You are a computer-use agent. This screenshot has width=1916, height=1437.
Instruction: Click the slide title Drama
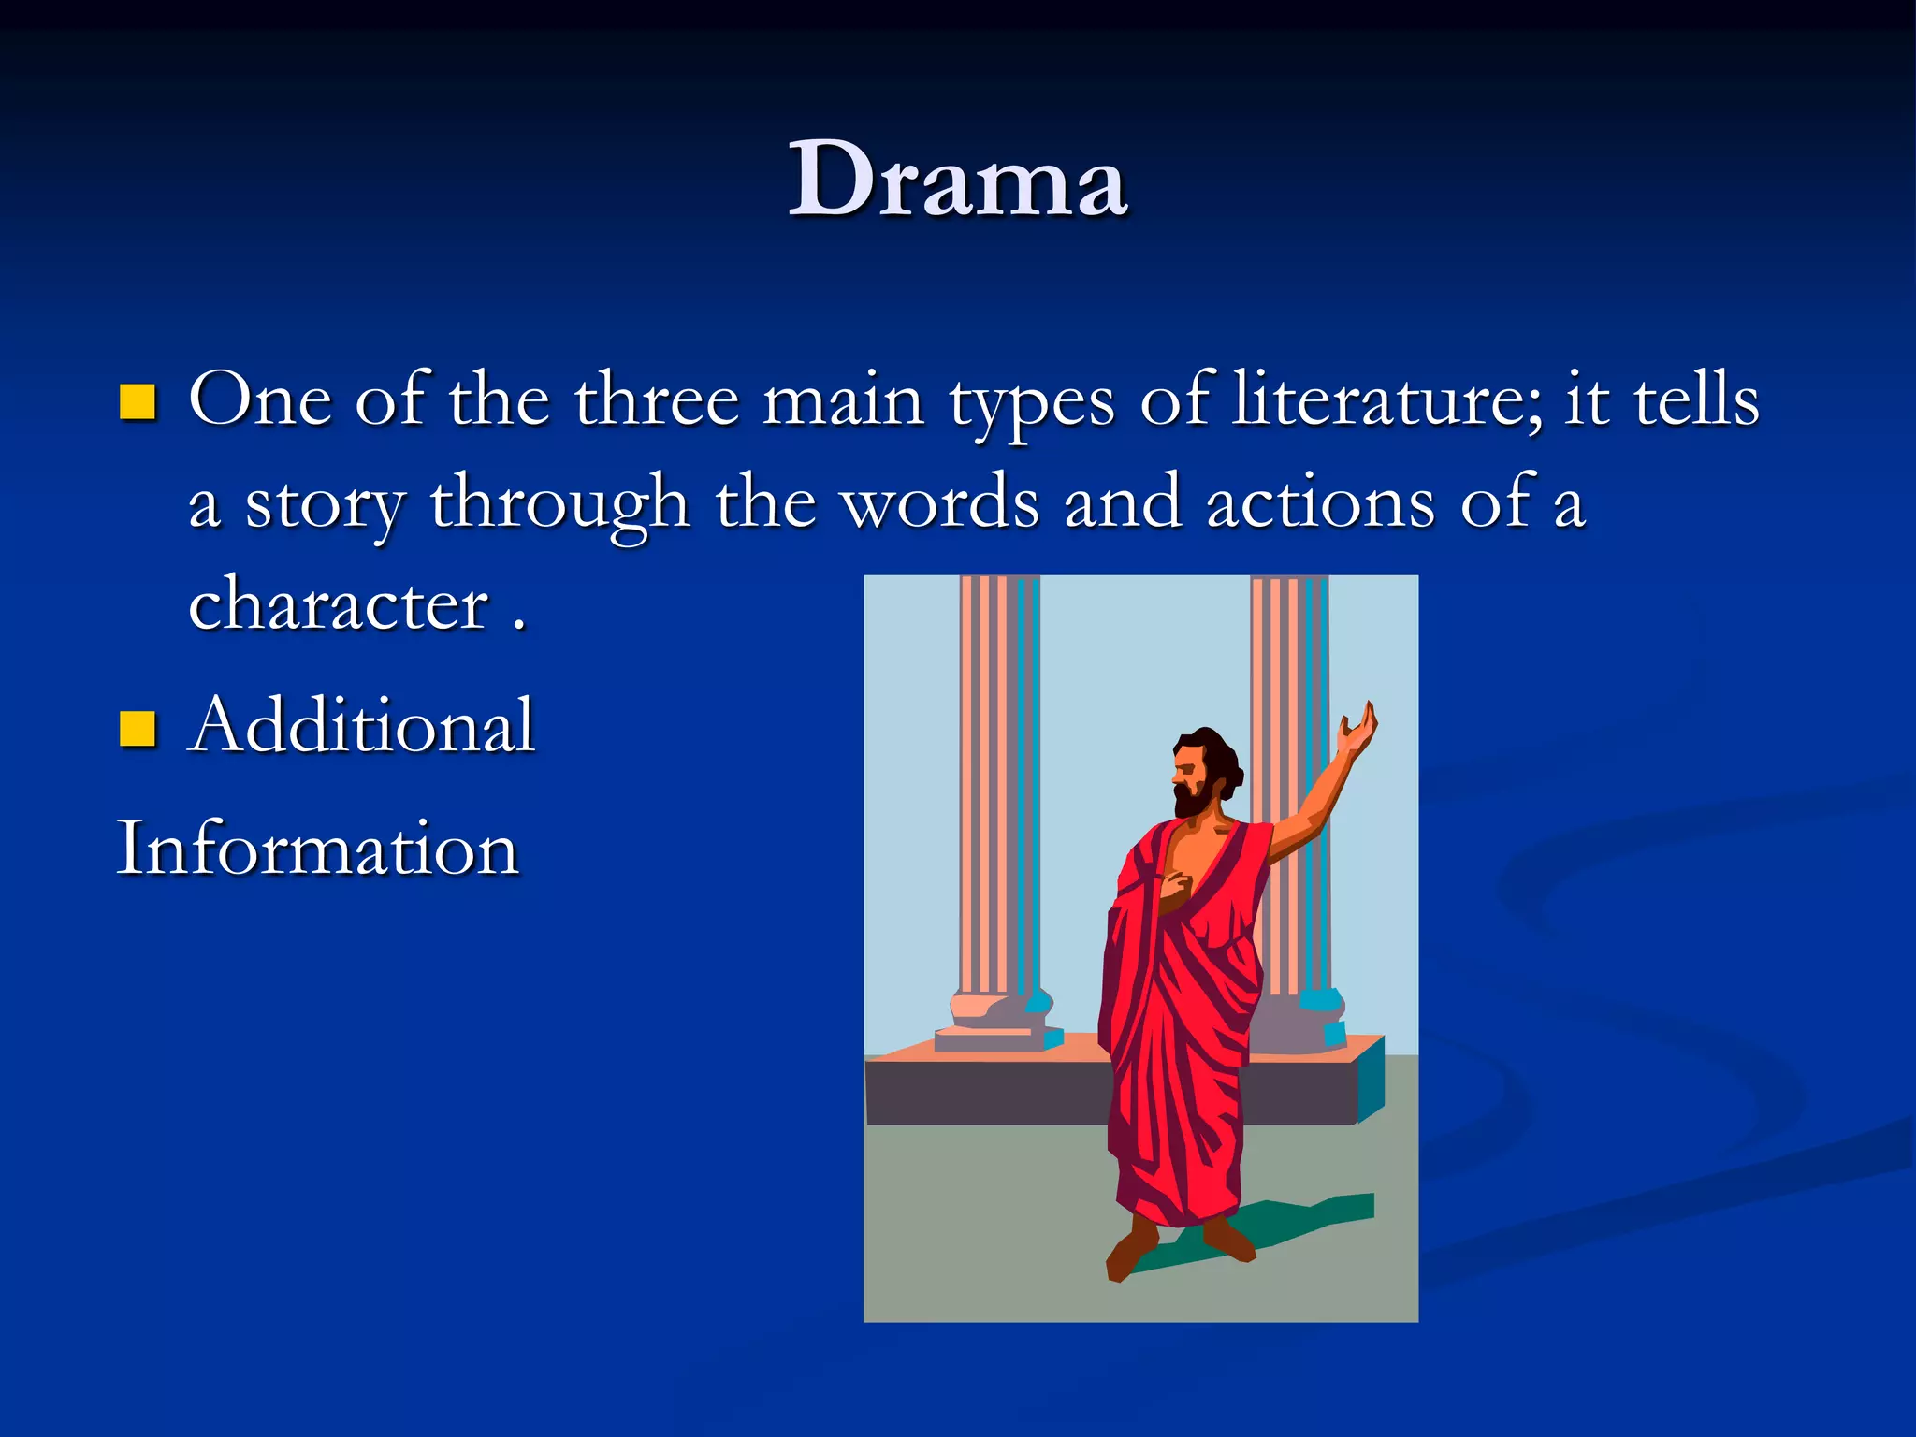[958, 180]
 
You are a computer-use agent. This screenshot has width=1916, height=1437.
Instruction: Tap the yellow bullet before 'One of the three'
[138, 401]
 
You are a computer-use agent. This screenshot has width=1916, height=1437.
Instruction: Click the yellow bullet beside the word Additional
[138, 729]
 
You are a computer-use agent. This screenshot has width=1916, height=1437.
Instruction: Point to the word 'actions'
[1320, 503]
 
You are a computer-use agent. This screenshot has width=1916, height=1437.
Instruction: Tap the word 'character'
[339, 604]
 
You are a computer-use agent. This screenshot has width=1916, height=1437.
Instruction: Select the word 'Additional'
[361, 725]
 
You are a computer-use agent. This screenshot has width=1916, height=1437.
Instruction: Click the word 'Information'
[317, 848]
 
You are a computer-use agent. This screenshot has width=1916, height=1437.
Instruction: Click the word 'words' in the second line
[939, 503]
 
